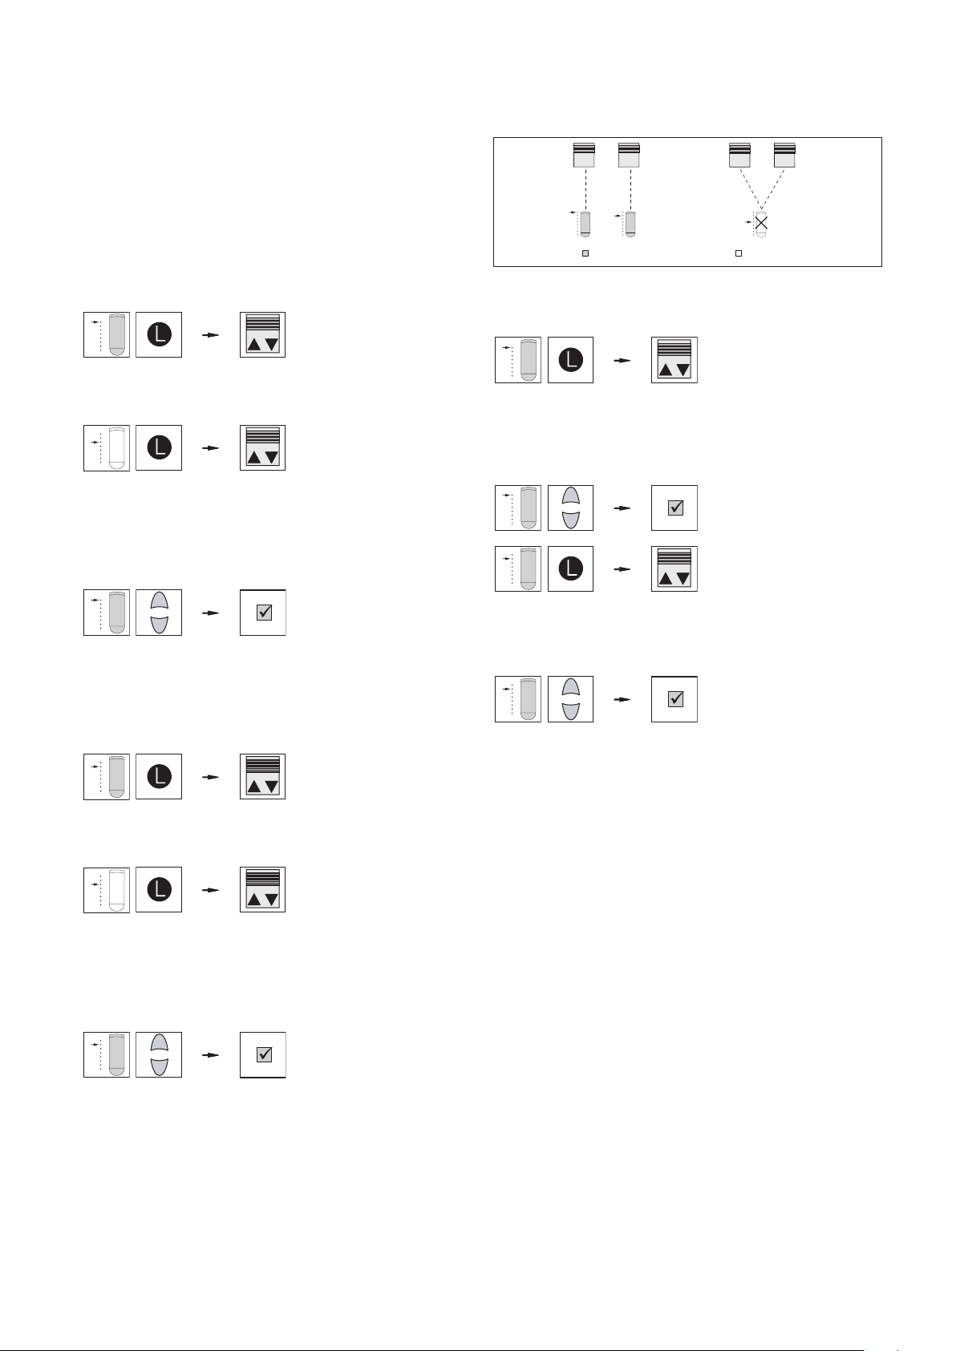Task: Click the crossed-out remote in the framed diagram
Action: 761,223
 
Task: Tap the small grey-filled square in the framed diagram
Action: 585,253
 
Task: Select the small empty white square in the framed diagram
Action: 739,253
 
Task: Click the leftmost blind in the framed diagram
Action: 584,155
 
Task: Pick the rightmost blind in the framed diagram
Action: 784,155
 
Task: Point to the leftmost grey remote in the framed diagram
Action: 585,223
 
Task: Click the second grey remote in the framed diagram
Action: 631,223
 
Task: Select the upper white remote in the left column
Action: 117,448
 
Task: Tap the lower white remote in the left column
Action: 117,890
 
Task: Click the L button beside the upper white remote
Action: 159,448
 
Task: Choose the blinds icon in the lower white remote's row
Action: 263,890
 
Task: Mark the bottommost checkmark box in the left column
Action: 263,1055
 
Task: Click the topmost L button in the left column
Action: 159,335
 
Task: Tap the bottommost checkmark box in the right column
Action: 674,699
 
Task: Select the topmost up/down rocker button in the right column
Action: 570,508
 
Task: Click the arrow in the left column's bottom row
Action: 210,1055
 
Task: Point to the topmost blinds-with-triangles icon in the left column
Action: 263,335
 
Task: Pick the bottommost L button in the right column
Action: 570,569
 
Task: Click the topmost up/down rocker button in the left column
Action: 159,613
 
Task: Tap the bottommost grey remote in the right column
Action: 528,699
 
